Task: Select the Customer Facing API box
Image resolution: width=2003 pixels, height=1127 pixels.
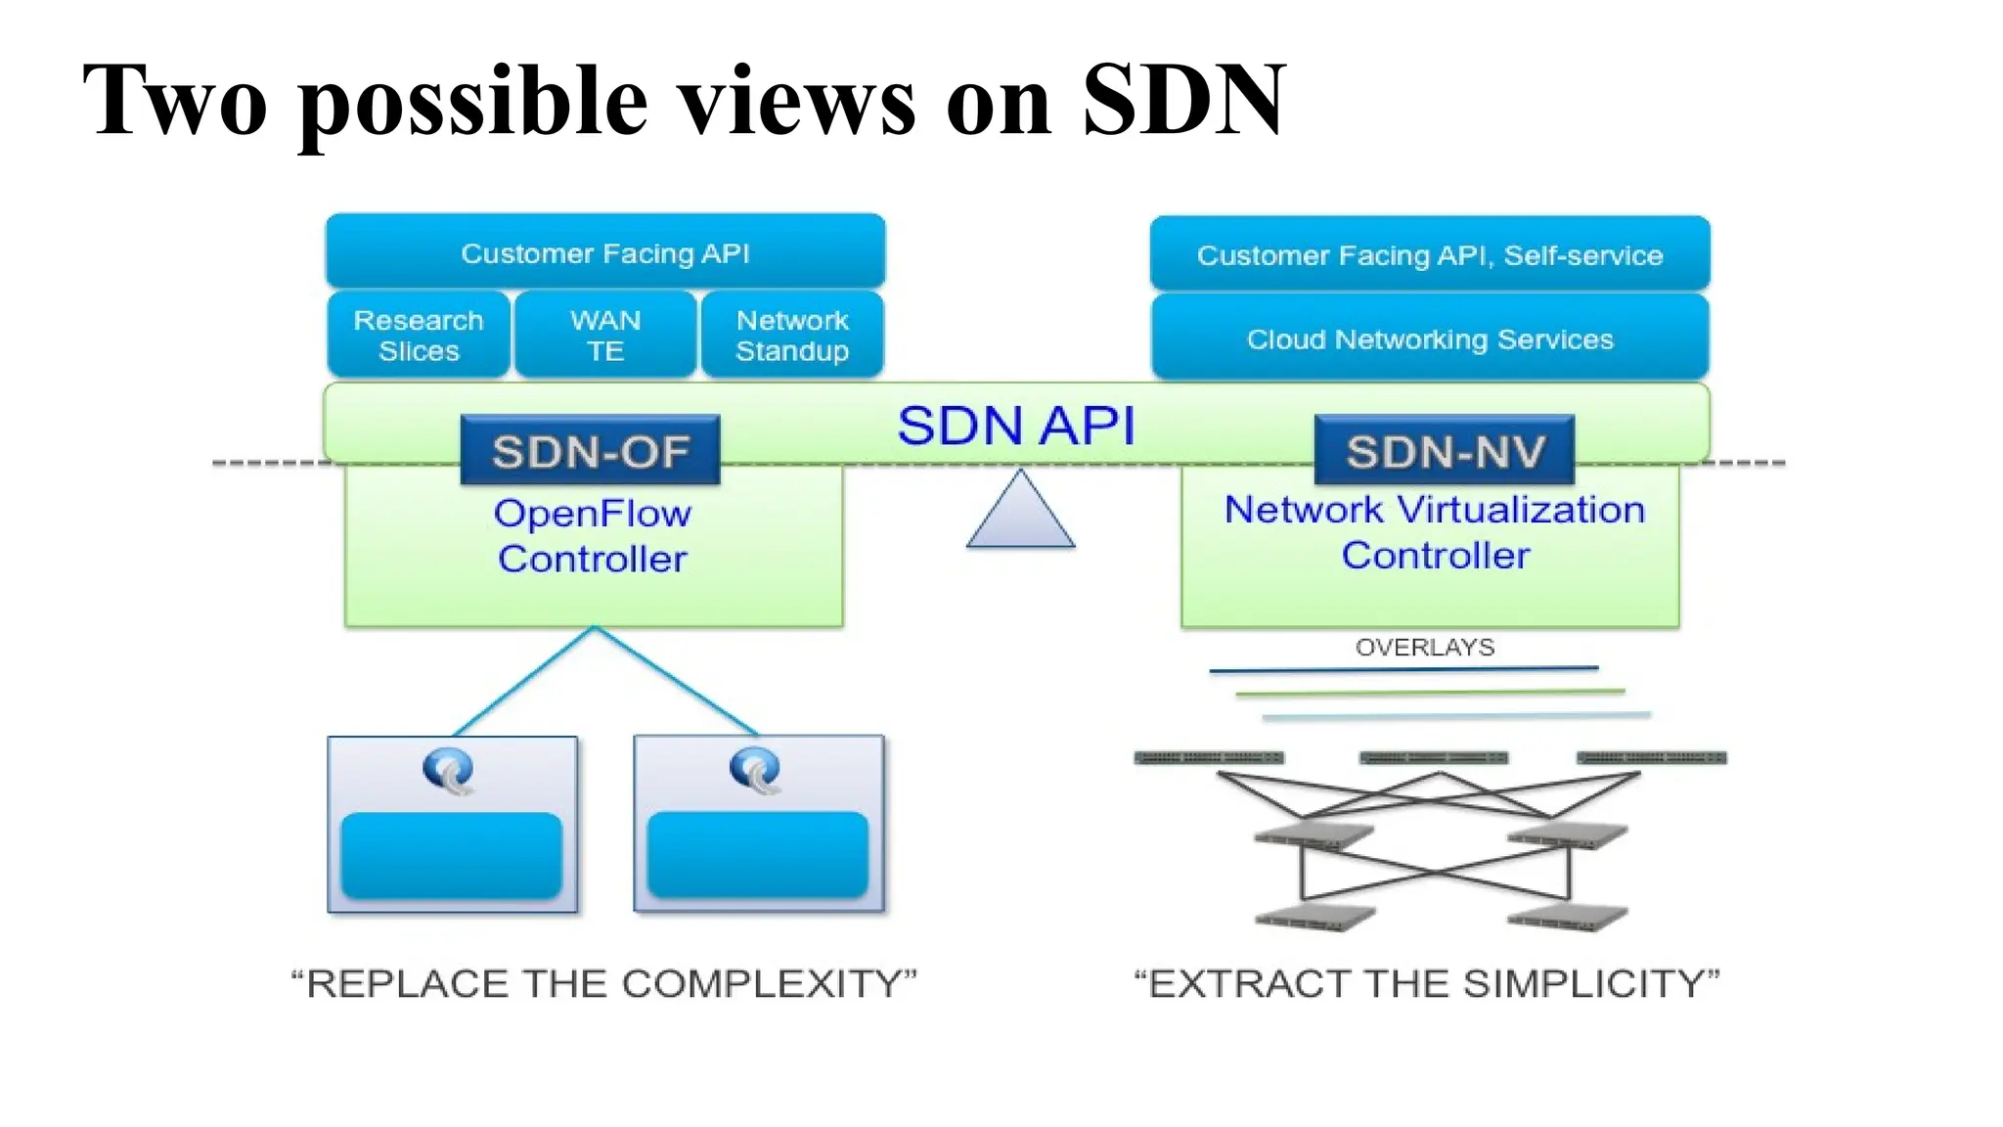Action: (x=605, y=252)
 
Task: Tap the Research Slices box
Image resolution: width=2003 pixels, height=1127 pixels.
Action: (x=419, y=336)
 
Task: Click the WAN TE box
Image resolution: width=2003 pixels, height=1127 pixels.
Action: (x=605, y=336)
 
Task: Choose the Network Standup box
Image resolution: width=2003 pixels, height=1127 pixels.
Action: (x=792, y=336)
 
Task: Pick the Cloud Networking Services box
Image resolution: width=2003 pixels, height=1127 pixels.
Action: (x=1429, y=338)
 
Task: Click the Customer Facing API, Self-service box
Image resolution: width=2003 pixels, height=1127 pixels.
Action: (x=1429, y=254)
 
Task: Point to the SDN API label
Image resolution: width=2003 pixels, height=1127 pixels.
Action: (x=1016, y=426)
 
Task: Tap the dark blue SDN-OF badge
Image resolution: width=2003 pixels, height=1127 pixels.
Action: (x=591, y=451)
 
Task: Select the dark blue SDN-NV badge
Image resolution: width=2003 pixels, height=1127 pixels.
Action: (x=1445, y=451)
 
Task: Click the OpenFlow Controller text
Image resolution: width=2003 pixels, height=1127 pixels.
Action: (x=593, y=536)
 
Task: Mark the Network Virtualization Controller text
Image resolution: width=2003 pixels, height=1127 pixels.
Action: (x=1434, y=532)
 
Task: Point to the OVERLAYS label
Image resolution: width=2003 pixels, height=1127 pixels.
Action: (x=1424, y=647)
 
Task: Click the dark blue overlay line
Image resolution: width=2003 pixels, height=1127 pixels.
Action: (x=1403, y=669)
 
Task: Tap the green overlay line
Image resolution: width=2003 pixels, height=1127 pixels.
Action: (x=1429, y=693)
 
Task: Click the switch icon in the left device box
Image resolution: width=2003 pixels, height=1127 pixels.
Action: (x=449, y=770)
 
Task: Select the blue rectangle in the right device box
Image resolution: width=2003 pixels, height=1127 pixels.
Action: (x=757, y=854)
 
